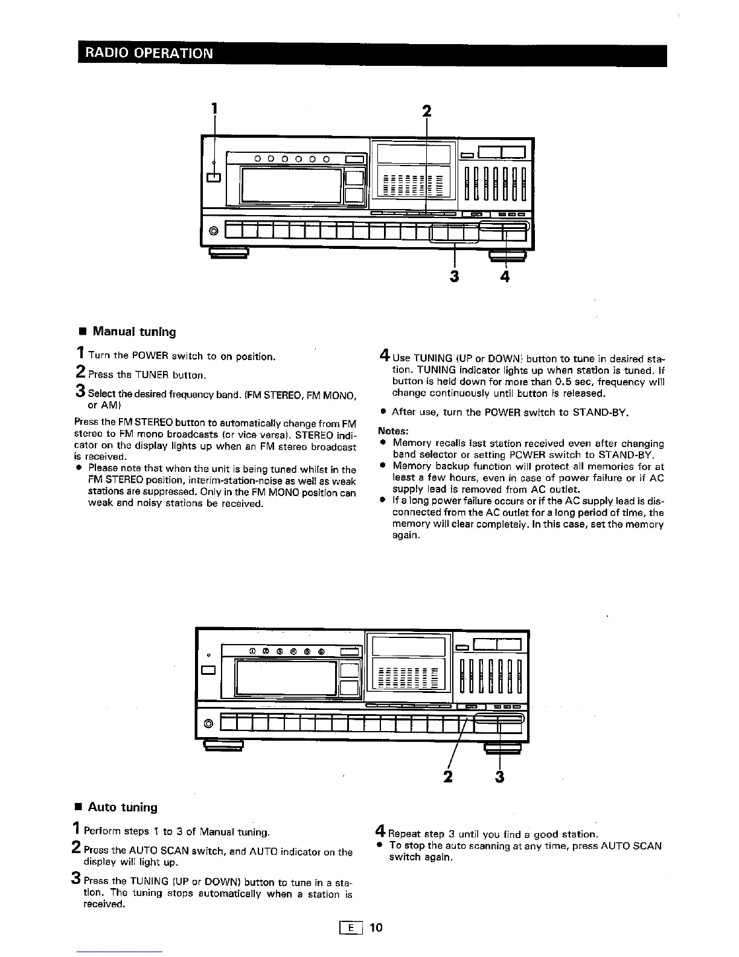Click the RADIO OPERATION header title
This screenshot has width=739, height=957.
(149, 53)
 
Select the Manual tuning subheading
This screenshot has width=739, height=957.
(134, 332)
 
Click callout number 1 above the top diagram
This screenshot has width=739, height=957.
(214, 111)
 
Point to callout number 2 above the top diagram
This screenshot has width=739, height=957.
(427, 112)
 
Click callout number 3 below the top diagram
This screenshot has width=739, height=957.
(454, 276)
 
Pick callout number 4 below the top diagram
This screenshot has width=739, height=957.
(505, 276)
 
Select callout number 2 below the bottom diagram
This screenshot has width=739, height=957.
(448, 776)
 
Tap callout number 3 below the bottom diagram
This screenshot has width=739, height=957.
(499, 776)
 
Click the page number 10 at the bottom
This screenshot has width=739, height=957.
(376, 927)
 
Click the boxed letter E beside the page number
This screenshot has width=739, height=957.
(351, 928)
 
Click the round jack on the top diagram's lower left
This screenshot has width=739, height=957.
(213, 231)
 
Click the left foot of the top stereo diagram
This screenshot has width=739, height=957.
(229, 254)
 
